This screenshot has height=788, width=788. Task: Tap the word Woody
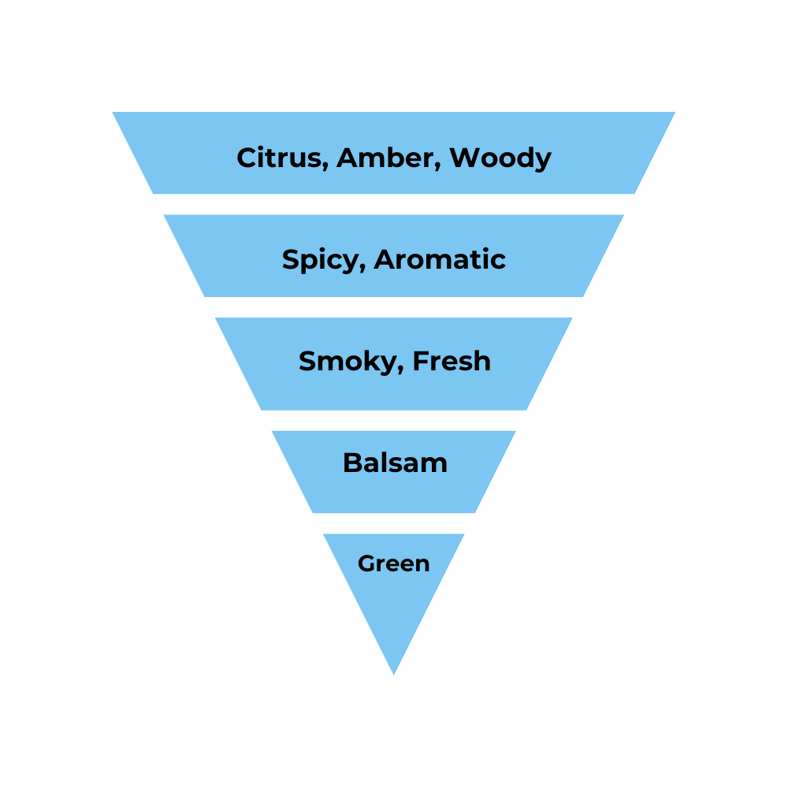[x=500, y=158]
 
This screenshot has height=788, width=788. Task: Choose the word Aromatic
[x=440, y=259]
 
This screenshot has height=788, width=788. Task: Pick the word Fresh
[x=452, y=361]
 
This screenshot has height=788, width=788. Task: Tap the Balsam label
[x=395, y=463]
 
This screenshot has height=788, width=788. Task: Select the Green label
[x=393, y=563]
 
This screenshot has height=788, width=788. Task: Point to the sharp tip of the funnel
[x=393, y=672]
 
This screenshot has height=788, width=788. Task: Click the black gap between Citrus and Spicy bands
[x=394, y=204]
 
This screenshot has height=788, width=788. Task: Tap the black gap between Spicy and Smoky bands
[x=394, y=307]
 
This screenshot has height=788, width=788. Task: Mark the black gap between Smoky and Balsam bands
[x=394, y=420]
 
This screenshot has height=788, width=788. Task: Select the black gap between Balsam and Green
[x=394, y=523]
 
